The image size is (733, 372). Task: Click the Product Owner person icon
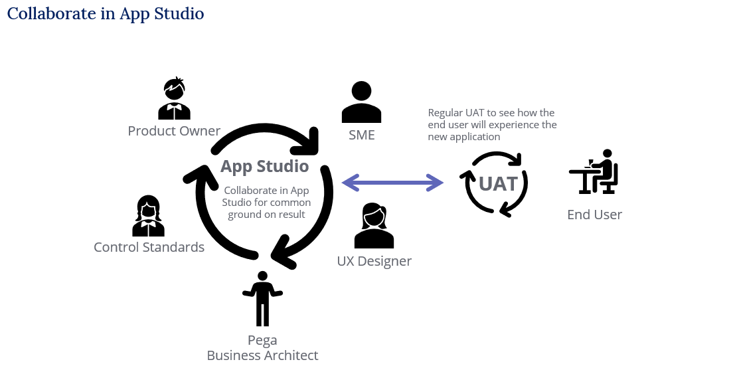[174, 100]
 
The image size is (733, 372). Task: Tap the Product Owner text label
[174, 131]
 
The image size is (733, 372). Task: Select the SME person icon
[361, 102]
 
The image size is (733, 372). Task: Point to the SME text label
[362, 135]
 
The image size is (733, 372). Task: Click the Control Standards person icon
[148, 217]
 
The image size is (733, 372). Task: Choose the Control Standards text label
[149, 247]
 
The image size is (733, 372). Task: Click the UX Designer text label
[374, 261]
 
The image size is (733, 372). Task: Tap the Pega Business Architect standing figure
[263, 298]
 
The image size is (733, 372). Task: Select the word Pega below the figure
[262, 341]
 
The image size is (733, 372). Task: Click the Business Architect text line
[262, 355]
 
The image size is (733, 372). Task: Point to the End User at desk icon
[594, 172]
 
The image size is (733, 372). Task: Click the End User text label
[594, 215]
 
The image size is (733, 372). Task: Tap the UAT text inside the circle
[498, 184]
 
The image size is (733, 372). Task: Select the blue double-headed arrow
[392, 182]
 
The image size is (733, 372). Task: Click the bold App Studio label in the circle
[264, 166]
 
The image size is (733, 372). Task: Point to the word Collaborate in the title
[52, 13]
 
